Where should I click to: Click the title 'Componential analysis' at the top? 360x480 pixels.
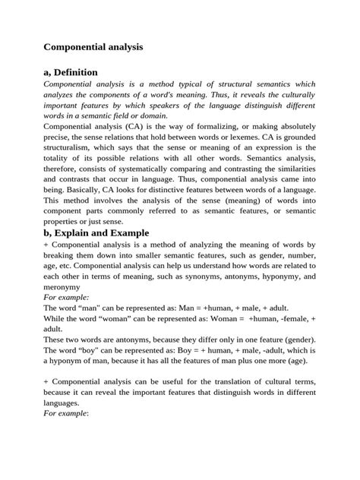93,46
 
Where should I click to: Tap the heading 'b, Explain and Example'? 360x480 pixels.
96,232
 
